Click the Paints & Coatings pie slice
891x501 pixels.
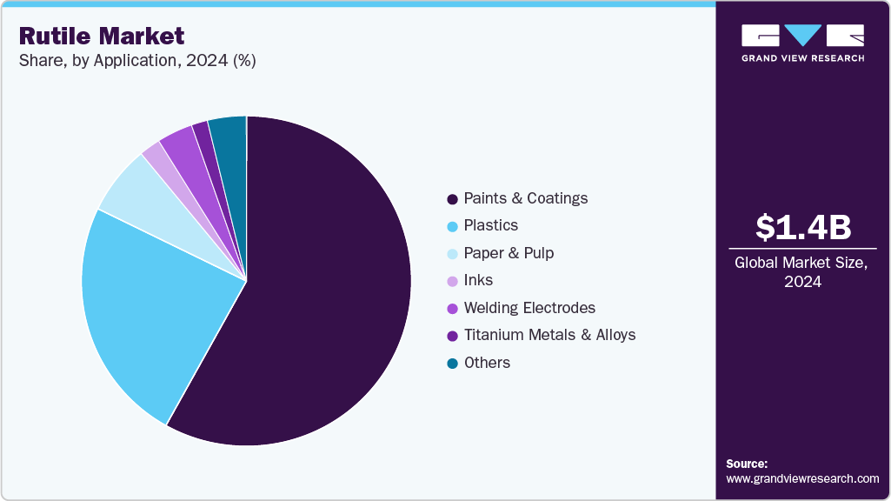click(330, 287)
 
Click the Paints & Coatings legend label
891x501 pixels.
click(525, 198)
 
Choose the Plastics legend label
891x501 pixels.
click(490, 225)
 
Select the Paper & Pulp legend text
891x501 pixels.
click(509, 253)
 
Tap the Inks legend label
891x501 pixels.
click(478, 280)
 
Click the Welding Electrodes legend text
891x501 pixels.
click(529, 308)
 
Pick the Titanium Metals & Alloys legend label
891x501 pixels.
click(549, 335)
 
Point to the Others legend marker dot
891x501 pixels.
click(452, 363)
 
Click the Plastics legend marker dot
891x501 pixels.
click(452, 226)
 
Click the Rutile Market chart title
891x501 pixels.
click(102, 37)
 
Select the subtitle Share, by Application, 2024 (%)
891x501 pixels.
click(137, 61)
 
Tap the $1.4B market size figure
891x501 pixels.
click(802, 227)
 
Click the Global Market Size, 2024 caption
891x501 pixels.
click(802, 272)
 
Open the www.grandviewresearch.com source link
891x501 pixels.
click(802, 478)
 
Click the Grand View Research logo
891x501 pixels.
click(802, 43)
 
